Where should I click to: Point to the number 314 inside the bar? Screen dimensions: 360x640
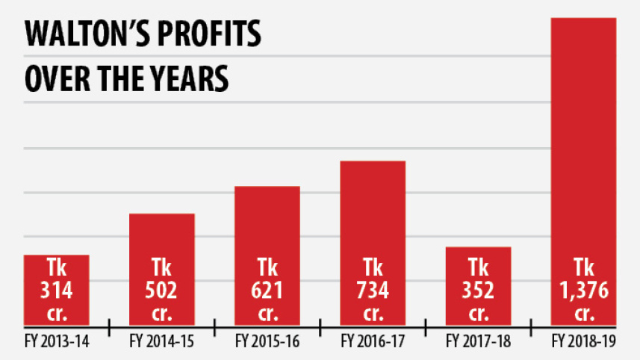point(57,289)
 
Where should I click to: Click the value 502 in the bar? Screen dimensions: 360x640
point(162,289)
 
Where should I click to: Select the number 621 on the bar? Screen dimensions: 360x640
point(267,289)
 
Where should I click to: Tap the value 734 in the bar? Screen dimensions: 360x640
point(373,289)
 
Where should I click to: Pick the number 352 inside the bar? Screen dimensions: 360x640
point(478,289)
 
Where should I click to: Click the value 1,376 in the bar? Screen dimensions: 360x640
point(584,289)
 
